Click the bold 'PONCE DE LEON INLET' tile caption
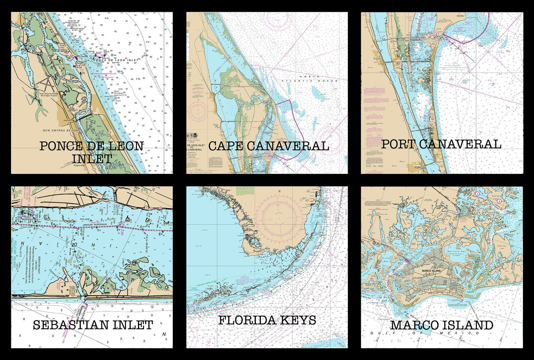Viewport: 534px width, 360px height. [91, 152]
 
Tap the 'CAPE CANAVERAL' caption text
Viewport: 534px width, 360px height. [268, 146]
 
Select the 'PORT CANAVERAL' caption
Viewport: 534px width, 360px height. [441, 144]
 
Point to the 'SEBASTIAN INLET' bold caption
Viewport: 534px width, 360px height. [93, 325]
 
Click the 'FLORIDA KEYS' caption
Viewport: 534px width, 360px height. [267, 320]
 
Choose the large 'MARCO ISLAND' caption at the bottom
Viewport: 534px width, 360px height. [442, 325]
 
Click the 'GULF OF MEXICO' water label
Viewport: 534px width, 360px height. [425, 333]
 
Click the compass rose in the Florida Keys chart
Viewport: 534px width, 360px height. [282, 214]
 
